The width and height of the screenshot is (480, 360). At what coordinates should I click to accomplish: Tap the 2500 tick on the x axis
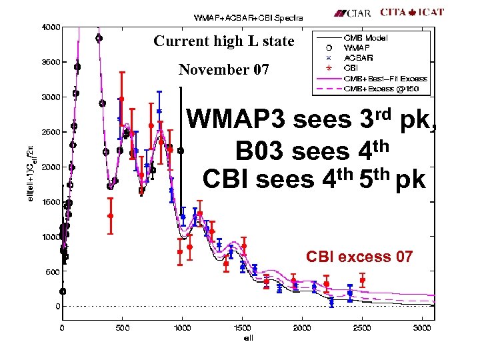[361, 327]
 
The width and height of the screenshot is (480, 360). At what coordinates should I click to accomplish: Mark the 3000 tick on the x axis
[421, 327]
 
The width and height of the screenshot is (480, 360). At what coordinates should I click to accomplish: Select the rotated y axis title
[28, 167]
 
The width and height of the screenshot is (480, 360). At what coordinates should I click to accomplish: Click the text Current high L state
[223, 41]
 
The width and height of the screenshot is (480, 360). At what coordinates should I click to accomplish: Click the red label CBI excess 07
[359, 257]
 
